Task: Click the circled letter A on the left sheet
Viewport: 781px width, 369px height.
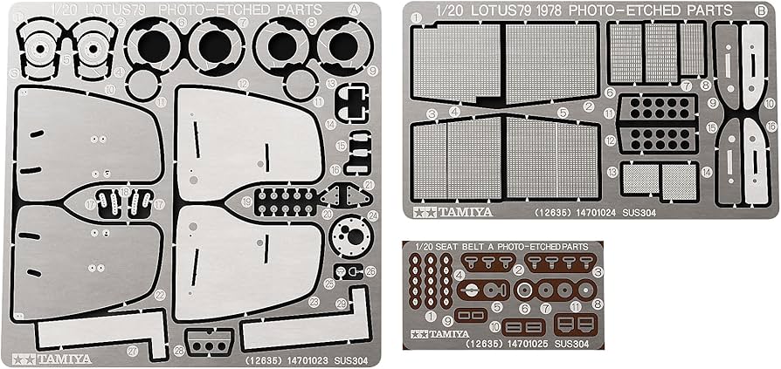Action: coord(355,11)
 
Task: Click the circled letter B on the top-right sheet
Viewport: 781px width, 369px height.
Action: coord(763,12)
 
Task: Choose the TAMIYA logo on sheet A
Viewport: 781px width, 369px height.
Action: coord(38,359)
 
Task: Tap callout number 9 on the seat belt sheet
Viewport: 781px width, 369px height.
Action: coord(446,320)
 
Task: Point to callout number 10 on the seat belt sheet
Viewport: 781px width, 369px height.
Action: coord(494,326)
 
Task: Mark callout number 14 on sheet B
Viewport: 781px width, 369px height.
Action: coord(706,173)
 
